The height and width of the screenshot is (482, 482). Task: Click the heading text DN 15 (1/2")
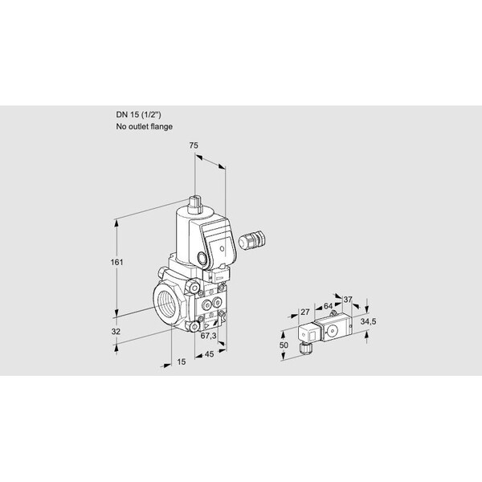point(138,115)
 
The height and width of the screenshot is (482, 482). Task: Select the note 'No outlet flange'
point(144,126)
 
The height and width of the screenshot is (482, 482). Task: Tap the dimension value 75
point(194,145)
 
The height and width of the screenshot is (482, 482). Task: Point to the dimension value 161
point(116,262)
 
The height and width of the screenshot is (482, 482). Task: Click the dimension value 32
point(116,332)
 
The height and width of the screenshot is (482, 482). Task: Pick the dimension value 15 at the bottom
point(182,361)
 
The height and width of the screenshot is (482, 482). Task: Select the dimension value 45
point(210,354)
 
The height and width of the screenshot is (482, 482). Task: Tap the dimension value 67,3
point(208,336)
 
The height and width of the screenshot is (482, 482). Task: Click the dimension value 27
point(305,312)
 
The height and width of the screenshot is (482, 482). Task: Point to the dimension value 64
point(328,306)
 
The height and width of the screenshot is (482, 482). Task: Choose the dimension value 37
point(348,299)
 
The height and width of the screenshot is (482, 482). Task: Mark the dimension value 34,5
point(368,322)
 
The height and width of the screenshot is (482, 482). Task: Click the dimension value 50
point(284,345)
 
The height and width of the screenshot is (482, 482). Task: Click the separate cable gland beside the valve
point(252,238)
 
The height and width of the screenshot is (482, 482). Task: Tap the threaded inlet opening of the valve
point(166,304)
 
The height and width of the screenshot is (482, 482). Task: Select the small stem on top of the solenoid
point(195,204)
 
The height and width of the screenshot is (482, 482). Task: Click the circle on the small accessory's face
point(333,331)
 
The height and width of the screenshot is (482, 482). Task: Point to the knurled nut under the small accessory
point(306,349)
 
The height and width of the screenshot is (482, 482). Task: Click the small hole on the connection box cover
point(222,248)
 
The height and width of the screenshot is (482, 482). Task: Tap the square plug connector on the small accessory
point(308,333)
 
